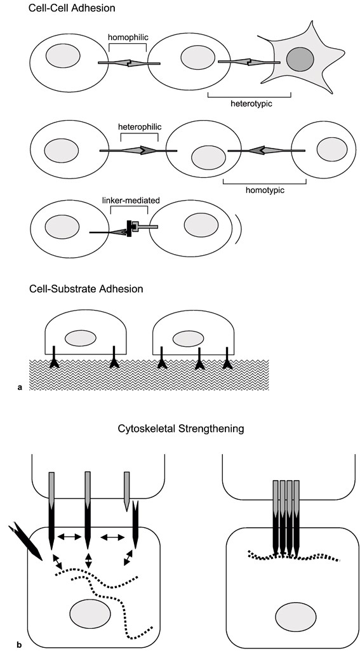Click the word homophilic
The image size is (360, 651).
coord(128,37)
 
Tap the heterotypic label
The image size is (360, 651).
coord(251,104)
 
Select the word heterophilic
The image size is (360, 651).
coord(138,126)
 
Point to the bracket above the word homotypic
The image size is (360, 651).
coord(265,180)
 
